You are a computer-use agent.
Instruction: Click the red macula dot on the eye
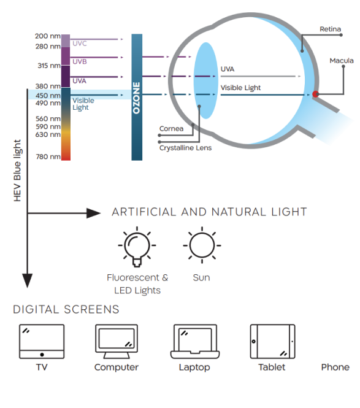(x=315, y=94)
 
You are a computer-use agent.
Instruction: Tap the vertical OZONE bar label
(x=136, y=98)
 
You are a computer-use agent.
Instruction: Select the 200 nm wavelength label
(x=48, y=36)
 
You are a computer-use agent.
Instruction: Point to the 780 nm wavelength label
(x=48, y=156)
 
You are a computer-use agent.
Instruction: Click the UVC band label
(x=80, y=44)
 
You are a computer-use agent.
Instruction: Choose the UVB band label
(x=80, y=62)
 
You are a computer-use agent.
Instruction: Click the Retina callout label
(x=330, y=29)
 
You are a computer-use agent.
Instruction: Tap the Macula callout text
(x=342, y=61)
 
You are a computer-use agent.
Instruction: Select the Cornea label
(x=171, y=129)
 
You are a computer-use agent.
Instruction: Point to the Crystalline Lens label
(x=185, y=148)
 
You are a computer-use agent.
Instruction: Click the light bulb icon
(x=137, y=247)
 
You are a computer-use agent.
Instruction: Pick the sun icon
(x=202, y=245)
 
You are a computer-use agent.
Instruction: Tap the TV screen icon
(x=42, y=341)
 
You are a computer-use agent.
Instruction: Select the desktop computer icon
(x=117, y=341)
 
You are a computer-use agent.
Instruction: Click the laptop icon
(x=195, y=341)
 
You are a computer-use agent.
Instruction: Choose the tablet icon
(x=272, y=341)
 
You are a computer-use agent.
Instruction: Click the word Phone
(x=335, y=367)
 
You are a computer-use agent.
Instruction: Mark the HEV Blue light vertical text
(x=17, y=171)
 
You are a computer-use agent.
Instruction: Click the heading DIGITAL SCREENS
(x=66, y=309)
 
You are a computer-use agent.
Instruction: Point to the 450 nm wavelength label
(x=48, y=96)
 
